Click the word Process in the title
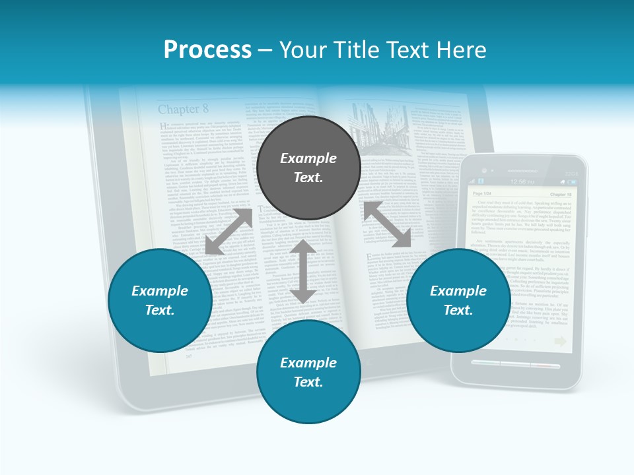point(207,50)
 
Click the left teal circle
point(160,300)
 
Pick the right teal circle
point(458,300)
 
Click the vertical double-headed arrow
point(304,271)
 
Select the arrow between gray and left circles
point(229,232)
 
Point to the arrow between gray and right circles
point(388,225)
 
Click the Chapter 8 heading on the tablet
point(183,109)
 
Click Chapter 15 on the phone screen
point(560,195)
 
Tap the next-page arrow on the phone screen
point(561,340)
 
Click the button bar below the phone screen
point(517,365)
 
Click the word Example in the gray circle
point(308,158)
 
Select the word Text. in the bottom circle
point(308,382)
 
